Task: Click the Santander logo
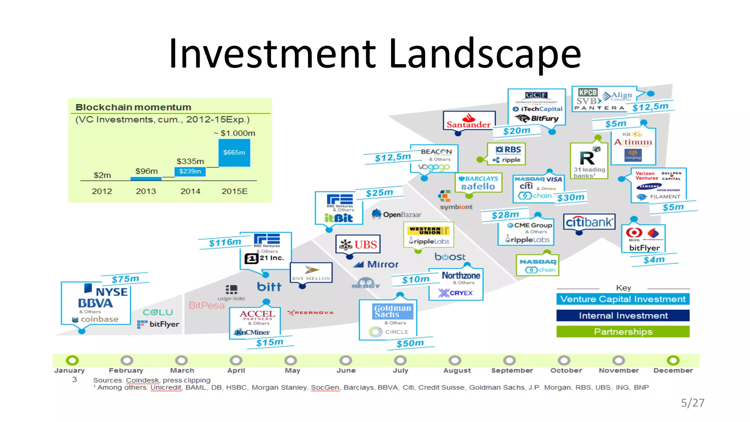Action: click(x=468, y=121)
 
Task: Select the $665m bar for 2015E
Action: click(x=234, y=152)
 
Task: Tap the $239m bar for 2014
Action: click(x=190, y=171)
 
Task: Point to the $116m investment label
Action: click(x=225, y=243)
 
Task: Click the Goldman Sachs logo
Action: click(x=393, y=311)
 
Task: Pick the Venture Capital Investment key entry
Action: click(x=623, y=299)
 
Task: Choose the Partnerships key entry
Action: click(x=623, y=332)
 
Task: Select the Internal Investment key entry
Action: click(x=623, y=315)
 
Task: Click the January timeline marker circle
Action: click(x=72, y=360)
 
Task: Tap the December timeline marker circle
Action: click(x=673, y=360)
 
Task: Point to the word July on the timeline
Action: click(x=400, y=370)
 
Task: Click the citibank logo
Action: click(x=589, y=222)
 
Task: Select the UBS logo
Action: click(x=358, y=244)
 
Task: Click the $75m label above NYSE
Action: click(x=125, y=279)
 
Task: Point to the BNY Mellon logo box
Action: click(x=311, y=273)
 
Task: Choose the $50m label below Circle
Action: click(x=410, y=343)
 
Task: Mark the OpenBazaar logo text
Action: click(x=402, y=215)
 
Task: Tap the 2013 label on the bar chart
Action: click(x=146, y=191)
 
